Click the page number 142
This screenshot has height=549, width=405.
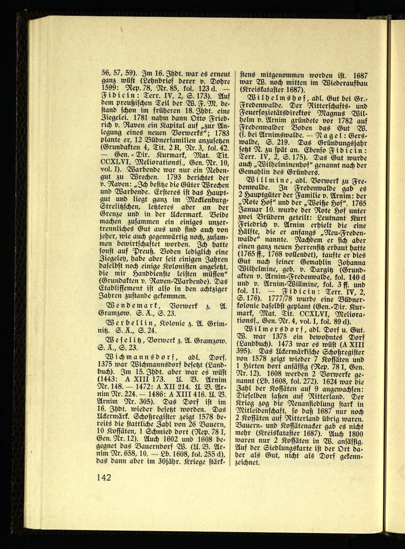click(x=104, y=477)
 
